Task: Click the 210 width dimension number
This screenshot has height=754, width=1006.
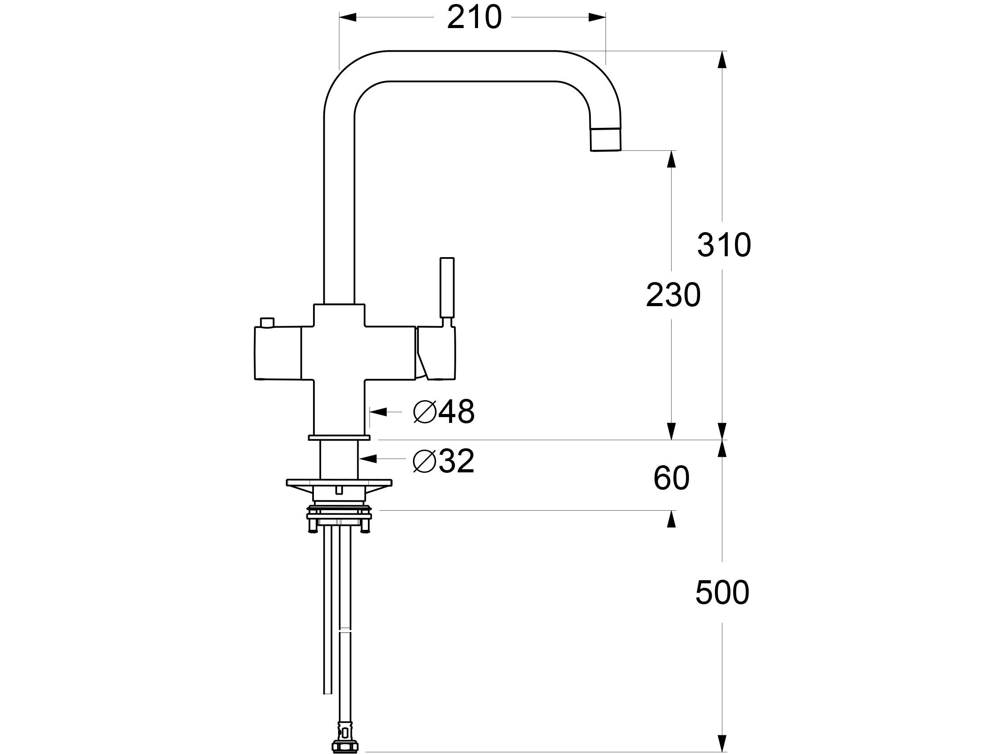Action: tap(474, 18)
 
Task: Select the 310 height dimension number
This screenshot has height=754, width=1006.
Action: tap(724, 245)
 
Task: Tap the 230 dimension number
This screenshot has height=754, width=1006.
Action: tap(673, 295)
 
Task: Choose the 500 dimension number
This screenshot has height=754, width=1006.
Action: tap(722, 593)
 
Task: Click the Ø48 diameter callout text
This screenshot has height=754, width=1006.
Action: tap(444, 412)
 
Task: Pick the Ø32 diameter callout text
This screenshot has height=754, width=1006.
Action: tap(444, 461)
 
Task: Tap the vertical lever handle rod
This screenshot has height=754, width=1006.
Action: tap(447, 288)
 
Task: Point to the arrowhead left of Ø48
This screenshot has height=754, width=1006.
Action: tap(379, 412)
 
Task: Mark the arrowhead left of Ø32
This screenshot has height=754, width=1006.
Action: tap(367, 459)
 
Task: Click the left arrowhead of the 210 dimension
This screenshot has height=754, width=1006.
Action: tap(348, 18)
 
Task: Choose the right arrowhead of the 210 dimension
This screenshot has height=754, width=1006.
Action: tap(597, 18)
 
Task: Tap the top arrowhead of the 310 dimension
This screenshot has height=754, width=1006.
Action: tap(722, 60)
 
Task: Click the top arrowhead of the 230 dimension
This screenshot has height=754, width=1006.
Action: tap(671, 159)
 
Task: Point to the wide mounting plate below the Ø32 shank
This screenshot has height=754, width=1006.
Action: tap(339, 483)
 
